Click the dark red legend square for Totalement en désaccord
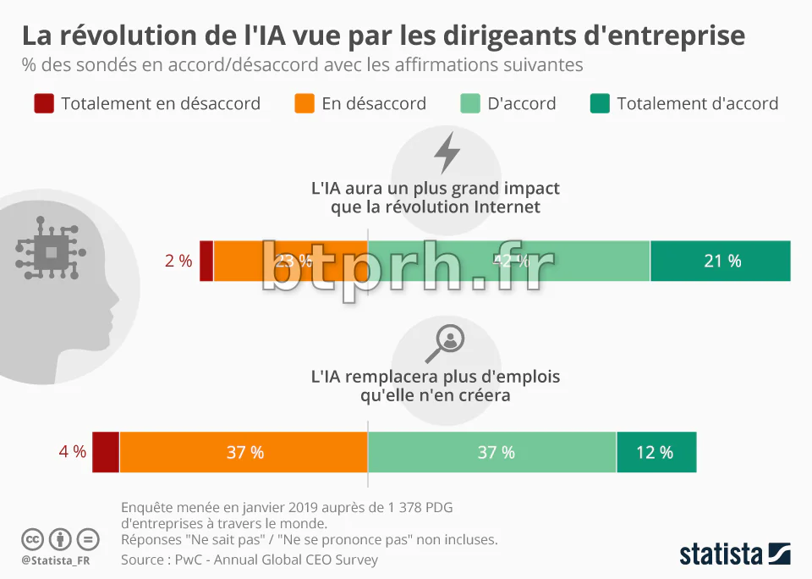44,103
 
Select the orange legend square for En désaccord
304,103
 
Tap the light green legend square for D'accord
470,103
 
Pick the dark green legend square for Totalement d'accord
600,103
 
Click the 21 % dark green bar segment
721,261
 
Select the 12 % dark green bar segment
656,452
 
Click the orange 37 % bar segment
244,452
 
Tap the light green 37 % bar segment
492,452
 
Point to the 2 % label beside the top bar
178,261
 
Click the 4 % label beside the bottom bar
72,452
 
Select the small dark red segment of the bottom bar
105,452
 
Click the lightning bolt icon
447,153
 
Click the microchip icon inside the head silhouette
52,251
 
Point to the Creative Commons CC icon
32,538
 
